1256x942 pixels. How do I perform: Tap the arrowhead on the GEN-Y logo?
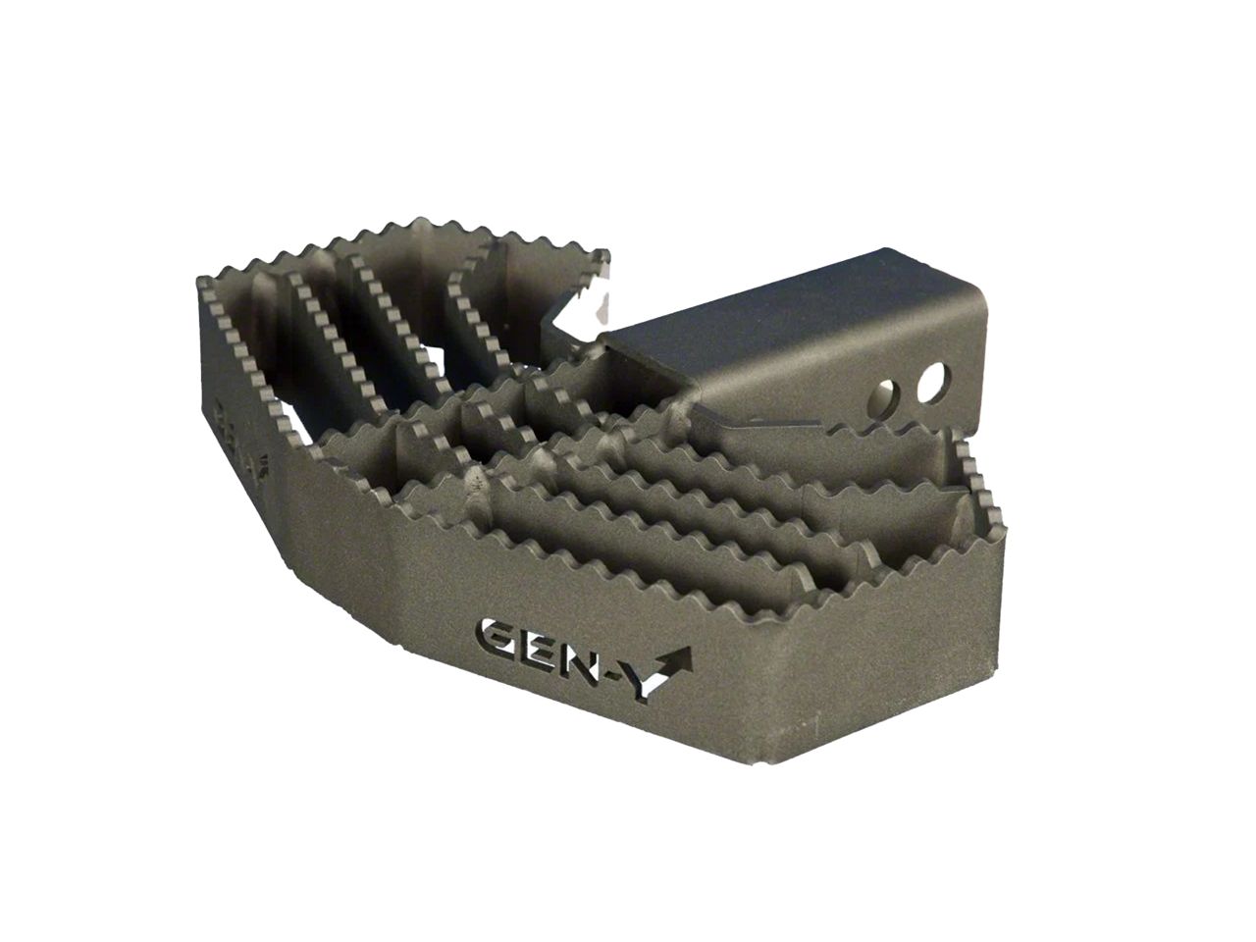coord(680,657)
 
